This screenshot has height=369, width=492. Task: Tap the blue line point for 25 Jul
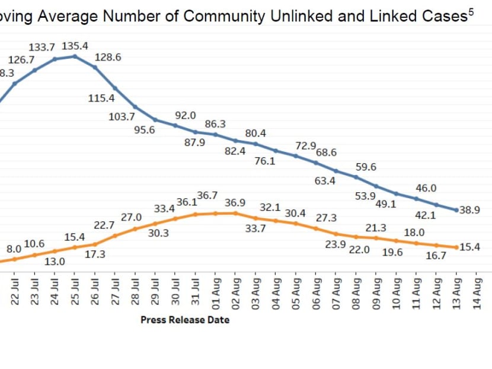point(75,56)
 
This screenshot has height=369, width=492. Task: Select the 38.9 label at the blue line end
point(469,210)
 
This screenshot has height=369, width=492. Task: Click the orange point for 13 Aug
point(456,247)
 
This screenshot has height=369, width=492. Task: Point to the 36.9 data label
point(235,202)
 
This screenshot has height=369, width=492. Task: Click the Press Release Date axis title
point(185,320)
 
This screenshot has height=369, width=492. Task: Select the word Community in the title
point(225,17)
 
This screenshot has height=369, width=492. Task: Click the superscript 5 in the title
point(471,11)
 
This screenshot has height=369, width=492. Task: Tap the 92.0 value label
point(186,115)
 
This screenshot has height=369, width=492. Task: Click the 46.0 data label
point(426,188)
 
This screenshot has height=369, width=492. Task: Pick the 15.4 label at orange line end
point(469,247)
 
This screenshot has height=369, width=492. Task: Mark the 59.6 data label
point(366,167)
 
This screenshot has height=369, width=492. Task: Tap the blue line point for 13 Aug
point(456,210)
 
